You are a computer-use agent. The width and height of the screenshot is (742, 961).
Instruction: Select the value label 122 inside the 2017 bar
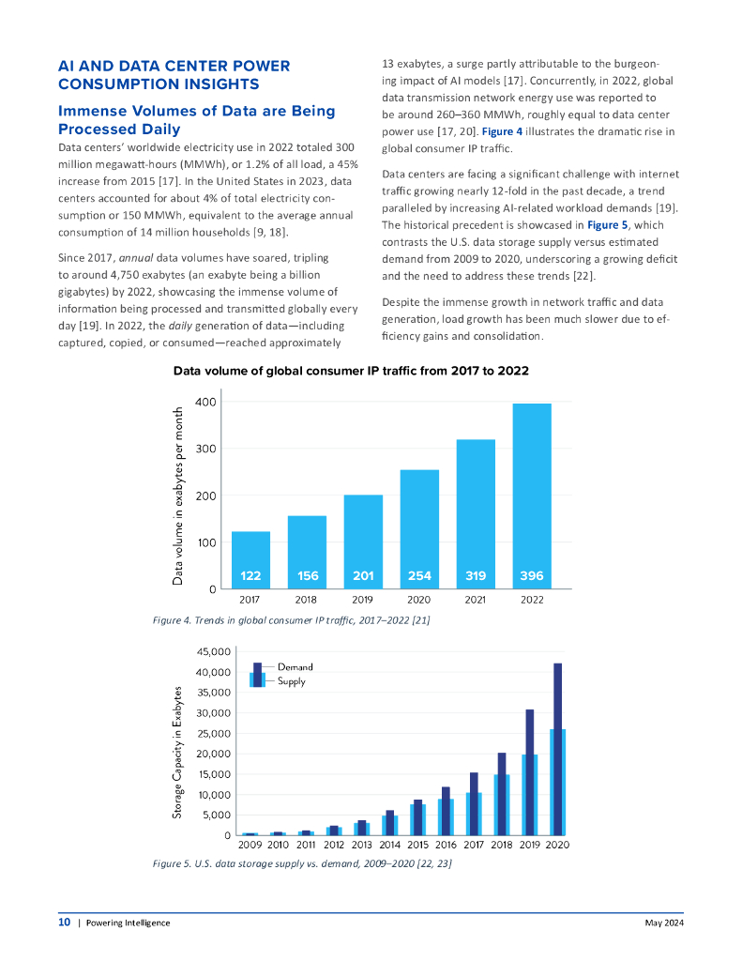(250, 575)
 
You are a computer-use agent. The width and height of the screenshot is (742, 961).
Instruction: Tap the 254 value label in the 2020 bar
(419, 575)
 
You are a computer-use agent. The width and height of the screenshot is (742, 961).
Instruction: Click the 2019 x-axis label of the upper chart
(363, 599)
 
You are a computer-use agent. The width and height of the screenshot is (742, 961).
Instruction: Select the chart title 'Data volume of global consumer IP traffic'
(351, 372)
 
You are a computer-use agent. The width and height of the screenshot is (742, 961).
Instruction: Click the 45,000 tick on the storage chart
(214, 651)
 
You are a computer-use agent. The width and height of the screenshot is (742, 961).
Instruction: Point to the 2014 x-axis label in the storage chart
(389, 845)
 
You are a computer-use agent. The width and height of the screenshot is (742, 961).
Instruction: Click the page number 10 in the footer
(64, 923)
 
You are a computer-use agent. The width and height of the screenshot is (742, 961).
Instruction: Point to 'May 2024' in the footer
(663, 923)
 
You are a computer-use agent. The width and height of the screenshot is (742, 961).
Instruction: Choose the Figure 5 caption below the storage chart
(302, 862)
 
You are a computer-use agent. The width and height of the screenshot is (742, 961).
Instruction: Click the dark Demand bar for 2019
(530, 771)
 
